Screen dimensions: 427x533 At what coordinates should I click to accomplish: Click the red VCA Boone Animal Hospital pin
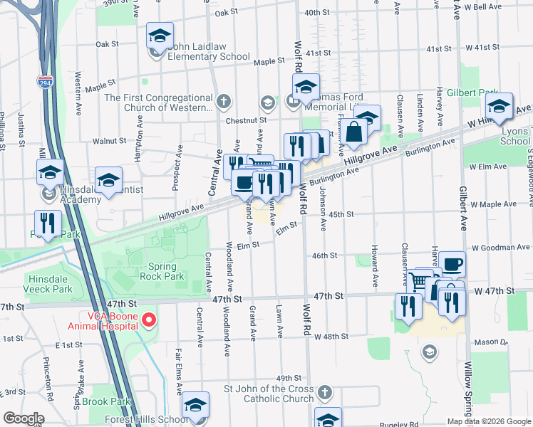(x=149, y=320)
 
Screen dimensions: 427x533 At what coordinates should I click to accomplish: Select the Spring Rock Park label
(x=162, y=271)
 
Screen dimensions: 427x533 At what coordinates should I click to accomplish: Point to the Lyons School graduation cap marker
(x=499, y=107)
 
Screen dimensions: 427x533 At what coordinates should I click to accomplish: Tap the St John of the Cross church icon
(x=324, y=393)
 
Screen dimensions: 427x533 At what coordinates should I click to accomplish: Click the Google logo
(x=24, y=418)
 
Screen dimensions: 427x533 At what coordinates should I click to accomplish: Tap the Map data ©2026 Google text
(x=490, y=421)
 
